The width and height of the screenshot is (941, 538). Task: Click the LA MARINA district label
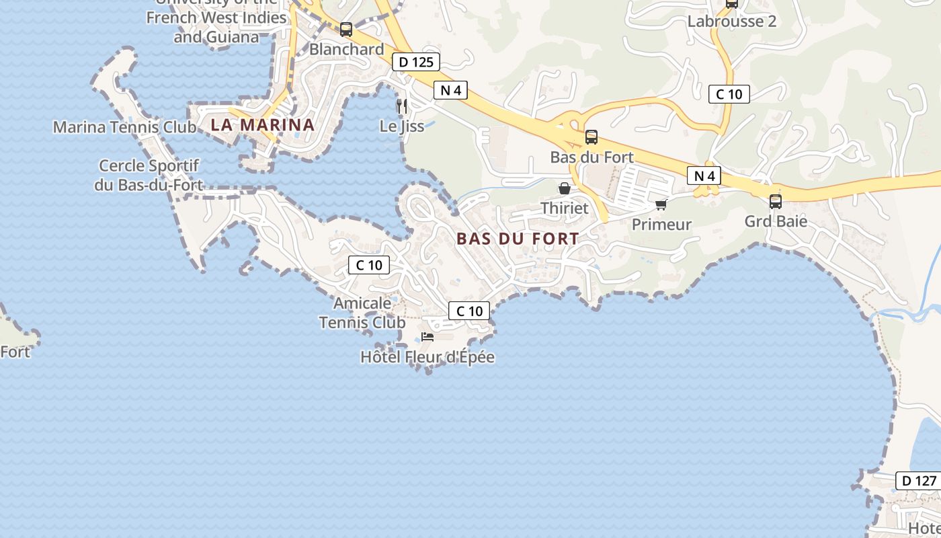(262, 124)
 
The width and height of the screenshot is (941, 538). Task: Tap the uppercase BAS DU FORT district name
(518, 239)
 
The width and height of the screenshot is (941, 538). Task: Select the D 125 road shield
(415, 63)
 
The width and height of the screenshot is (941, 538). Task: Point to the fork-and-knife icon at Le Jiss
(402, 106)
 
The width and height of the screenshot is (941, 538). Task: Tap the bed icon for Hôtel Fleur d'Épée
(427, 336)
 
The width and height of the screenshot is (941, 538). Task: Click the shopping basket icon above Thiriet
(565, 188)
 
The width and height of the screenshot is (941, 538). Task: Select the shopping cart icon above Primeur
(661, 204)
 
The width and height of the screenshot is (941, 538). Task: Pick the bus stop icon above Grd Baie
(776, 201)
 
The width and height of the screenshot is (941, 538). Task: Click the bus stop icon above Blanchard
(346, 30)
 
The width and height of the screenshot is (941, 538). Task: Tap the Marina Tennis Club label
(124, 127)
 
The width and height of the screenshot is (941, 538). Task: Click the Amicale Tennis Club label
(362, 313)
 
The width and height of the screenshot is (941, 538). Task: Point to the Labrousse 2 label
(731, 22)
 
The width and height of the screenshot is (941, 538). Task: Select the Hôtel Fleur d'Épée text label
(427, 357)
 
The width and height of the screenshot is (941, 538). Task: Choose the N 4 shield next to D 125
(450, 90)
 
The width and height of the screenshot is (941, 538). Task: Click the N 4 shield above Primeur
(704, 176)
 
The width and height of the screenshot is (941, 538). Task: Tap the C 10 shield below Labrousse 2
(729, 94)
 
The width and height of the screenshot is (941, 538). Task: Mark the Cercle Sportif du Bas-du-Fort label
(149, 175)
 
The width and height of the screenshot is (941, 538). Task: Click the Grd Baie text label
(776, 221)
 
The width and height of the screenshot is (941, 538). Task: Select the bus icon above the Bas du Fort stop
(591, 137)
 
